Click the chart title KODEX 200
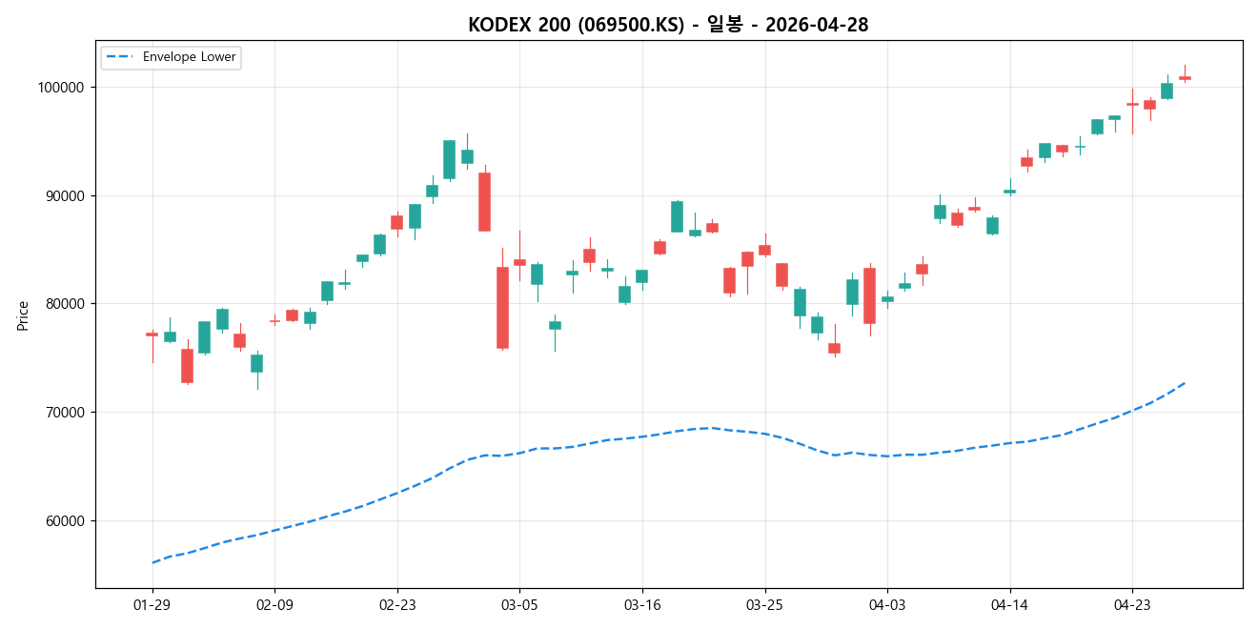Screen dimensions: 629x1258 (667, 25)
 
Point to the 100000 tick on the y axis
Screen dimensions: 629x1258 (59, 88)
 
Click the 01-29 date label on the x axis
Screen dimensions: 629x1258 (152, 604)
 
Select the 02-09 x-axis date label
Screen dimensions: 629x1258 (274, 604)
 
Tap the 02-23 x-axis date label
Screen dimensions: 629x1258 (397, 604)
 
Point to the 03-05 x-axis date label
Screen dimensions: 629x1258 (519, 604)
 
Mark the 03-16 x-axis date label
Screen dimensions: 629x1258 (642, 604)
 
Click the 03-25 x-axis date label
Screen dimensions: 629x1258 (764, 604)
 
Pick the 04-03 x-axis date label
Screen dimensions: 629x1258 (887, 604)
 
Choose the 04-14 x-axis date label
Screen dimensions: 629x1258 (1009, 604)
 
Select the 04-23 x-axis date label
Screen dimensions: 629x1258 (1132, 604)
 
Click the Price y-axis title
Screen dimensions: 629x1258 (23, 315)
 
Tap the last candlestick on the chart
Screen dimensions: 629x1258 (1185, 77)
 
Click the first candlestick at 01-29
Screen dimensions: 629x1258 (152, 335)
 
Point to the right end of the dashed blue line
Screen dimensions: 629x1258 (1185, 383)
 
